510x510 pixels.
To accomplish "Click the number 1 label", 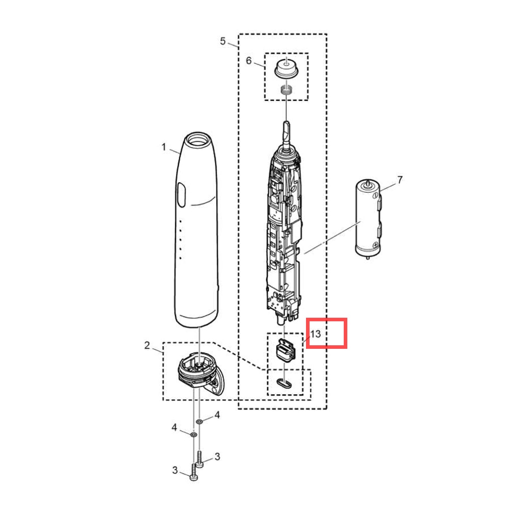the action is click(x=164, y=147).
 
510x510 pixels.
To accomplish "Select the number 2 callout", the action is click(x=147, y=345).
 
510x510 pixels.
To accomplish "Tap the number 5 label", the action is click(x=222, y=41).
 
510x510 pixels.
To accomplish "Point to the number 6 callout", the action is click(x=249, y=61).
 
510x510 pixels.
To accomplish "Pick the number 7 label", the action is click(x=400, y=180).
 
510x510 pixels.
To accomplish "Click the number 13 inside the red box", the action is click(x=316, y=334).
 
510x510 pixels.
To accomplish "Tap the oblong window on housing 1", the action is click(x=182, y=194).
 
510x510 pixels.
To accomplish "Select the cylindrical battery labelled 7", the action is click(x=368, y=219).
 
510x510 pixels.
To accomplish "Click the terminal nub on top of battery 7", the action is click(x=368, y=182).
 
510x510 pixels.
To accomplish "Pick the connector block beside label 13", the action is click(x=286, y=349).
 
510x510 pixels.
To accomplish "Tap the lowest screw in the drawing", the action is click(x=193, y=473).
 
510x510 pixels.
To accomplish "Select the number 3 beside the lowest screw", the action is click(x=175, y=470).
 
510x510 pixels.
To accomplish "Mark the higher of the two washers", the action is click(x=199, y=422).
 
